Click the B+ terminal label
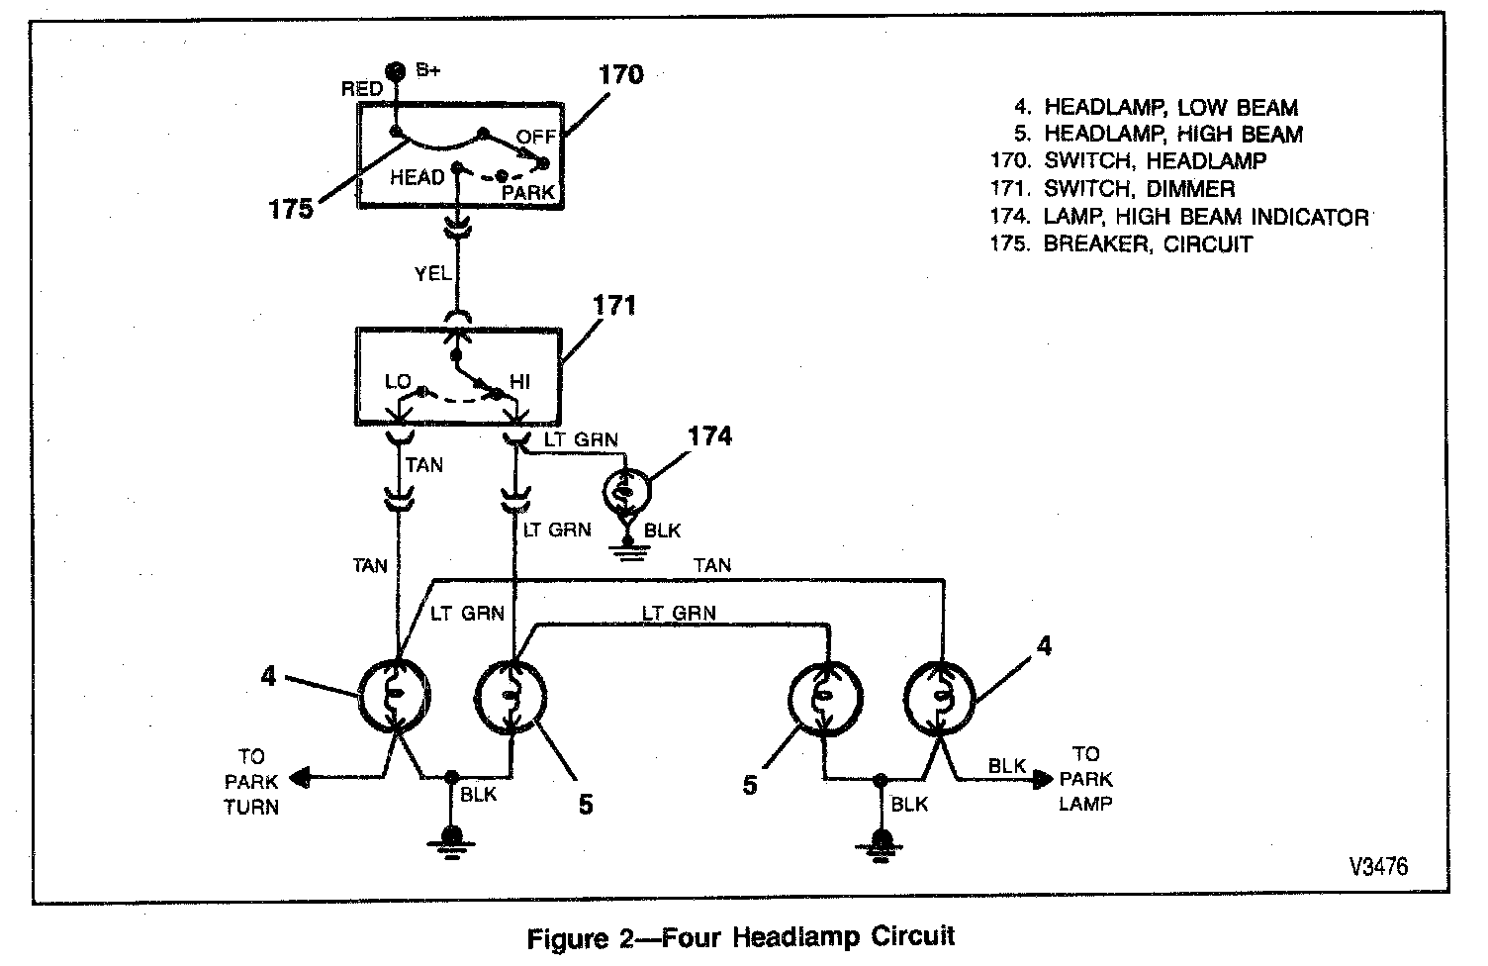427,70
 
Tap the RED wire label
362,89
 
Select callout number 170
620,75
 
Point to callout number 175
290,210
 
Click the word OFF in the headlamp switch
537,138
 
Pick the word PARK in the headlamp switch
528,192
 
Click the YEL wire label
432,274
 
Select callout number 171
613,305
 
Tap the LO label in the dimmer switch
398,382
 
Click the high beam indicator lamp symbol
626,491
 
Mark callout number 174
709,435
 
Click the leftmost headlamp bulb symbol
394,695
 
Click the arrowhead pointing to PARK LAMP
1044,779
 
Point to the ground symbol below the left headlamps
451,839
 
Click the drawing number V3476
1377,866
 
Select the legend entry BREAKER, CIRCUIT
1148,244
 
